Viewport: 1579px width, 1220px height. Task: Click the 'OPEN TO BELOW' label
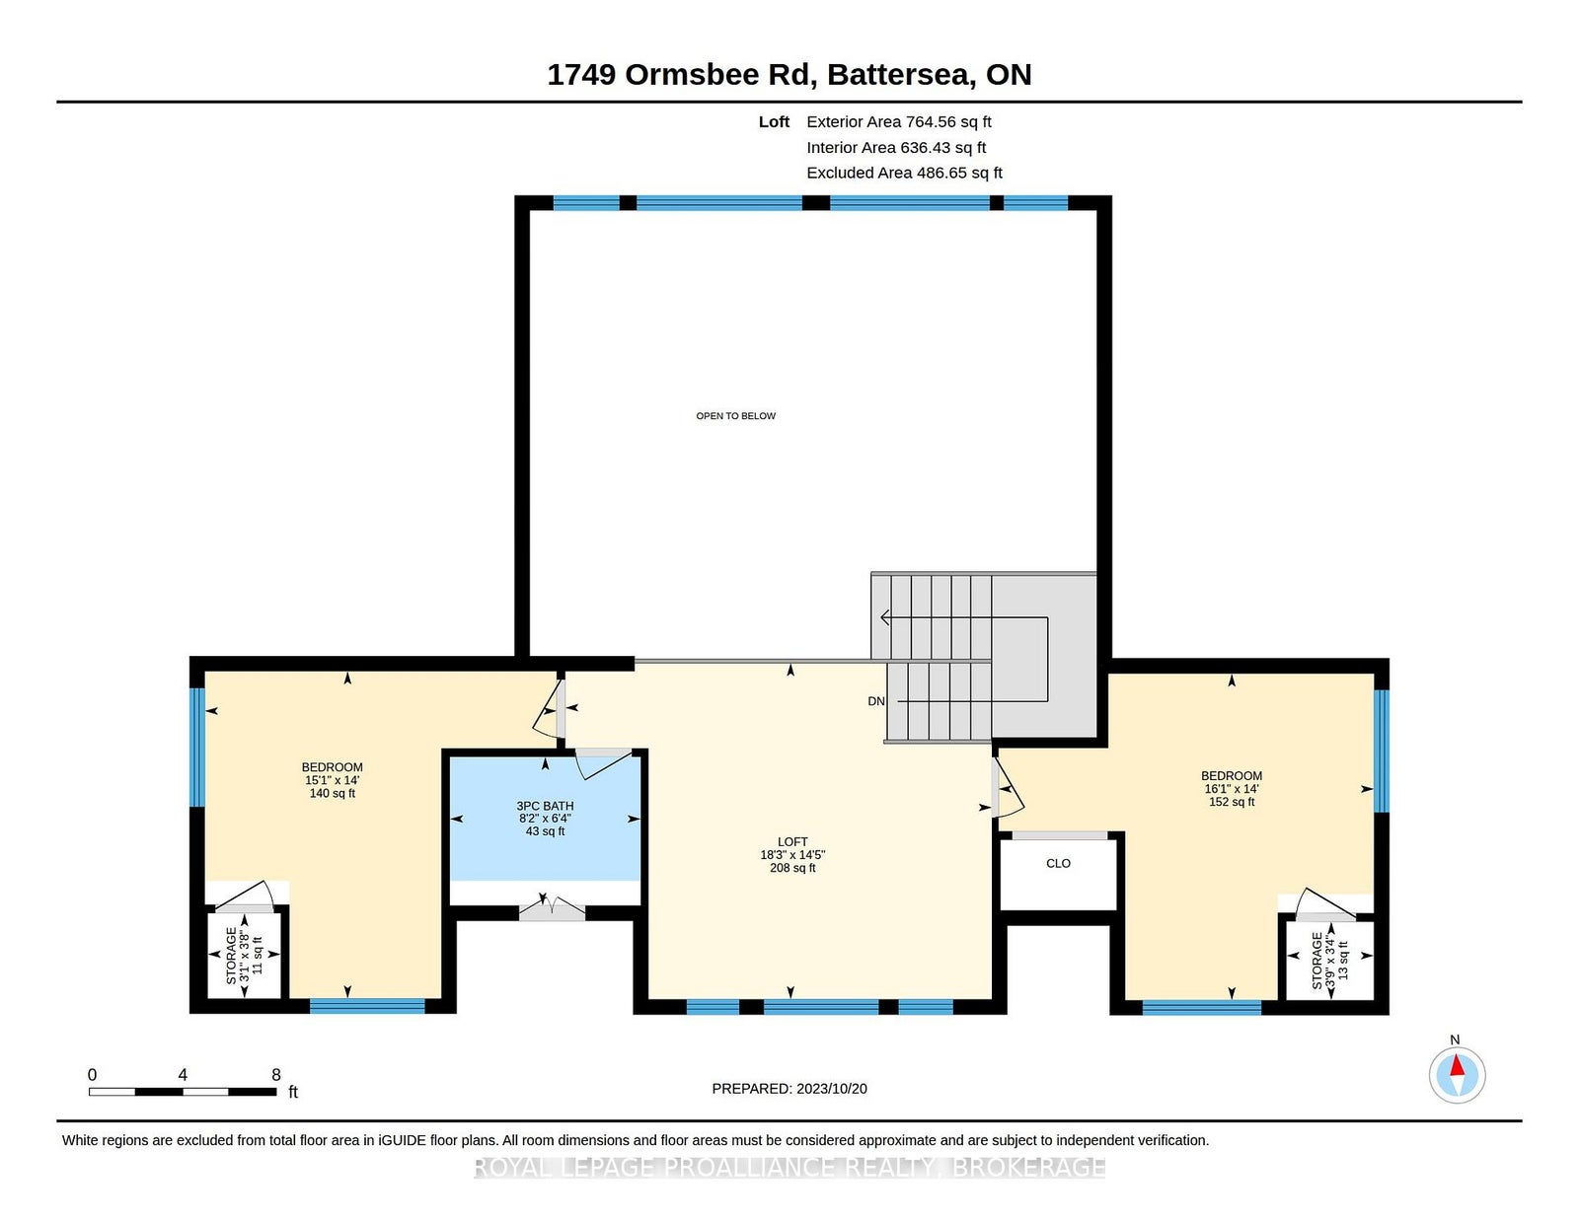coord(735,416)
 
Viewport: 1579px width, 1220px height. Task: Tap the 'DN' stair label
coord(876,701)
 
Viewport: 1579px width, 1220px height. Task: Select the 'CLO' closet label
coord(1058,863)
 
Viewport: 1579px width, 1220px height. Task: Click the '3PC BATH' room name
coord(545,806)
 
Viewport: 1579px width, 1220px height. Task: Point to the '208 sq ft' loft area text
coord(792,868)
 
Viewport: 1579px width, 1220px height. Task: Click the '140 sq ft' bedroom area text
coord(332,793)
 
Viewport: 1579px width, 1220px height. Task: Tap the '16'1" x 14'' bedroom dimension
coord(1232,789)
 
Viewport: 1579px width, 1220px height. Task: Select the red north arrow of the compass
coord(1457,1065)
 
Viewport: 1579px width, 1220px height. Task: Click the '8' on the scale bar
coord(276,1075)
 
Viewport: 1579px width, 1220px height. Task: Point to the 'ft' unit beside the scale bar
coord(293,1092)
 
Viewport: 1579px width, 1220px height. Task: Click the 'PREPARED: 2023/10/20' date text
coord(789,1089)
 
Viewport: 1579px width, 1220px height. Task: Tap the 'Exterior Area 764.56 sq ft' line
coord(899,122)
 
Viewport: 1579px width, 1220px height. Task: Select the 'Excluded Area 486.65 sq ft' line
coord(905,173)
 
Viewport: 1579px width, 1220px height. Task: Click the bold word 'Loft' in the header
coord(774,122)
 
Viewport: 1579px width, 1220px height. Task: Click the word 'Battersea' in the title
coord(901,75)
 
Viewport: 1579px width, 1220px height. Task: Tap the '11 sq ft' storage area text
coord(257,955)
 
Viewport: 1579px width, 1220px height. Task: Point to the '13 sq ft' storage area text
coord(1343,960)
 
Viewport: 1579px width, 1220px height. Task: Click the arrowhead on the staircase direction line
coord(885,617)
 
